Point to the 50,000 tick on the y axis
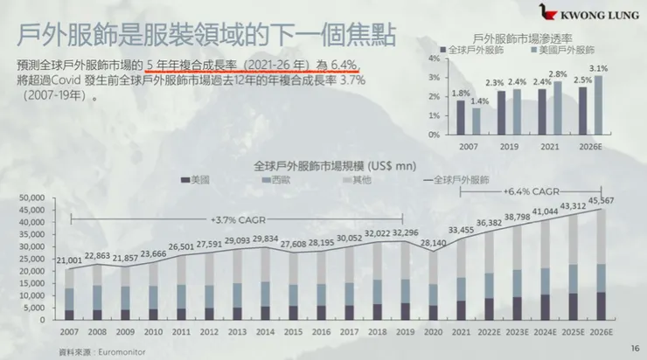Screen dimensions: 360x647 coord(30,200)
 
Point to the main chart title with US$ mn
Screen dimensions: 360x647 coord(322,164)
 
